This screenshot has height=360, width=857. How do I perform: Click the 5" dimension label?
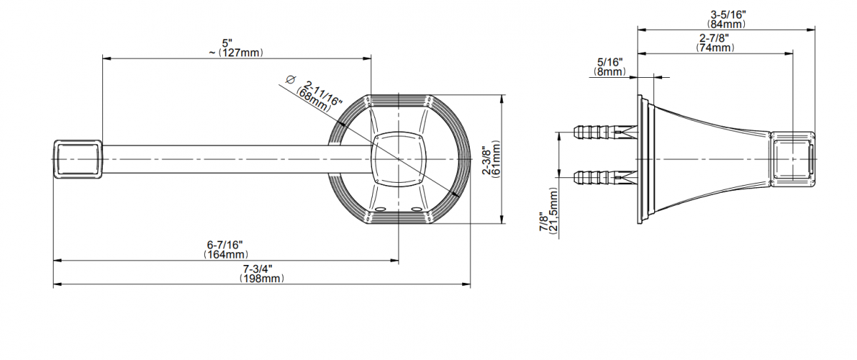point(227,42)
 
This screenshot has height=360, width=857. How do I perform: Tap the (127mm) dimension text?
point(241,52)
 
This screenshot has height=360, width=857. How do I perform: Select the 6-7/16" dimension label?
point(225,244)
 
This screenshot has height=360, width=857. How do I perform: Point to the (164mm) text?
point(226,254)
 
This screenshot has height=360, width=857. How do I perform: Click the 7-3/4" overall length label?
point(258,269)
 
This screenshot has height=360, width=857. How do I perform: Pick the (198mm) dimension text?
point(262,279)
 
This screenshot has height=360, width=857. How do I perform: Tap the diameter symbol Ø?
point(291,79)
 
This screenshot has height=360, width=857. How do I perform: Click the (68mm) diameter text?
point(313,99)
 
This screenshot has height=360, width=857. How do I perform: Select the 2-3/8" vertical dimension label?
point(486,160)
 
